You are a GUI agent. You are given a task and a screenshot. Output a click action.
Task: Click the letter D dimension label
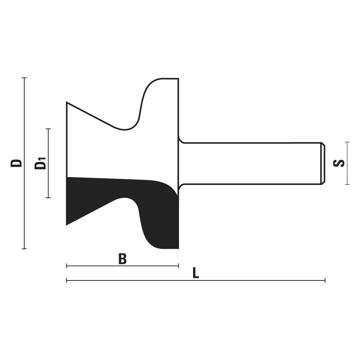pos(16,163)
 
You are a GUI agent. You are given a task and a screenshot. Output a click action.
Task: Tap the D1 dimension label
pos(40,163)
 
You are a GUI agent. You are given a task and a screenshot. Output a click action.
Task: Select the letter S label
pos(339,163)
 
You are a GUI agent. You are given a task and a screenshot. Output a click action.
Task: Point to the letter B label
pos(122,259)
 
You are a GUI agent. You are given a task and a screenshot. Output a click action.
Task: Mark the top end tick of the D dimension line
pos(24,78)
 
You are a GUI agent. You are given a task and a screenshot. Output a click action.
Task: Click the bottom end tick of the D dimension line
pos(24,248)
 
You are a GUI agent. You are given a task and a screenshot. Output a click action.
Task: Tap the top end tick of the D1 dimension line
pos(48,129)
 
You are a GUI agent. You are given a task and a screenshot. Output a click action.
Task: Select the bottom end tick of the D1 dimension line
pos(48,197)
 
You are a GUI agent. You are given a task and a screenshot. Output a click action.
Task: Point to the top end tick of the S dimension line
pos(347,142)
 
